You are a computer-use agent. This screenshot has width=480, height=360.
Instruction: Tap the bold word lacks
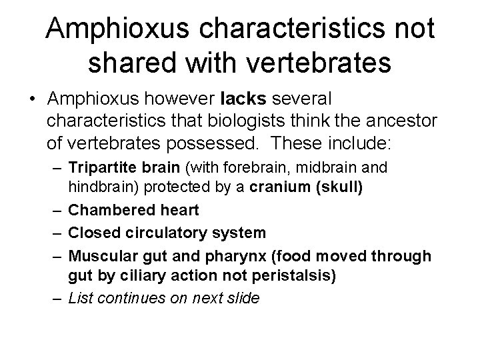click(x=243, y=99)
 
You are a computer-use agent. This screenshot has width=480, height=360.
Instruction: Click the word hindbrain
click(x=98, y=187)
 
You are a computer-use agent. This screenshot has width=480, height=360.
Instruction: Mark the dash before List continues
click(x=57, y=298)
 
